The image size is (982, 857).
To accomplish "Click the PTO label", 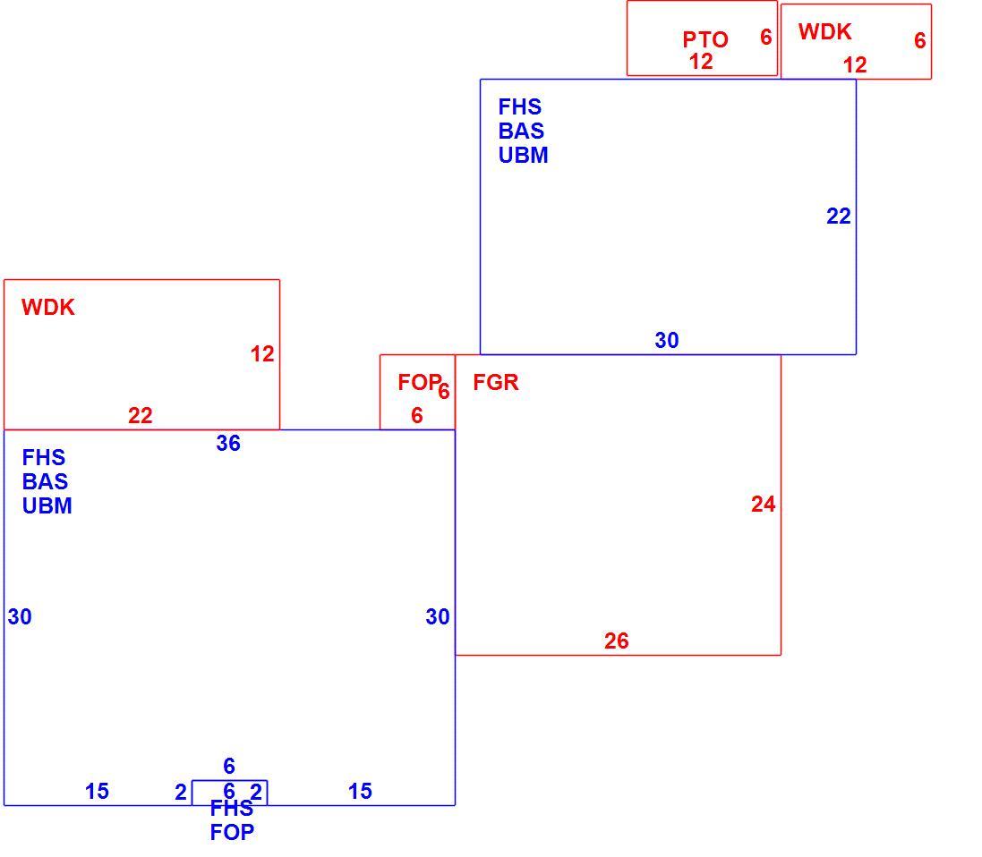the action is tap(705, 39).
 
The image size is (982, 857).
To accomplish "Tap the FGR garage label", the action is tap(495, 382).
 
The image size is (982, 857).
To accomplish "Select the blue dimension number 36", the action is tap(228, 443).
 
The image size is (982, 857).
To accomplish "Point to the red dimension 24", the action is tap(763, 504).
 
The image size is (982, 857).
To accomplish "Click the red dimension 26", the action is tap(616, 641).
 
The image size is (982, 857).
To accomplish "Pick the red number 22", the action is tap(141, 416).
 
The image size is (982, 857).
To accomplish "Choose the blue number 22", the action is tap(839, 216).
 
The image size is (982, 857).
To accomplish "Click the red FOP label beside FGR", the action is tap(419, 382).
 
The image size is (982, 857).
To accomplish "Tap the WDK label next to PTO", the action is tap(824, 31).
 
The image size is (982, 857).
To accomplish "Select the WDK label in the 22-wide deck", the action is tap(48, 308).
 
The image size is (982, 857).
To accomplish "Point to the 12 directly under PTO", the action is tap(701, 62).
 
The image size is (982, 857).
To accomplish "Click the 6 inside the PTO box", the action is tap(766, 37).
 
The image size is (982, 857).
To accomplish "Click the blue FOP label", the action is tap(232, 833).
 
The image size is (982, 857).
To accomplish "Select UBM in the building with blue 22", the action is tap(523, 155).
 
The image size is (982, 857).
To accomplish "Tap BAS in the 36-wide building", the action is tap(45, 481).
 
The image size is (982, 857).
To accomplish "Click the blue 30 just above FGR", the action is tap(667, 340).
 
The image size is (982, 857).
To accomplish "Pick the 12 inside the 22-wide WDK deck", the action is tap(262, 354).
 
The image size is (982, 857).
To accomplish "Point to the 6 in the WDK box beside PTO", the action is tap(919, 40).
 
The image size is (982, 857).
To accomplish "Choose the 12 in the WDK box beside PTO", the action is tap(855, 64).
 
